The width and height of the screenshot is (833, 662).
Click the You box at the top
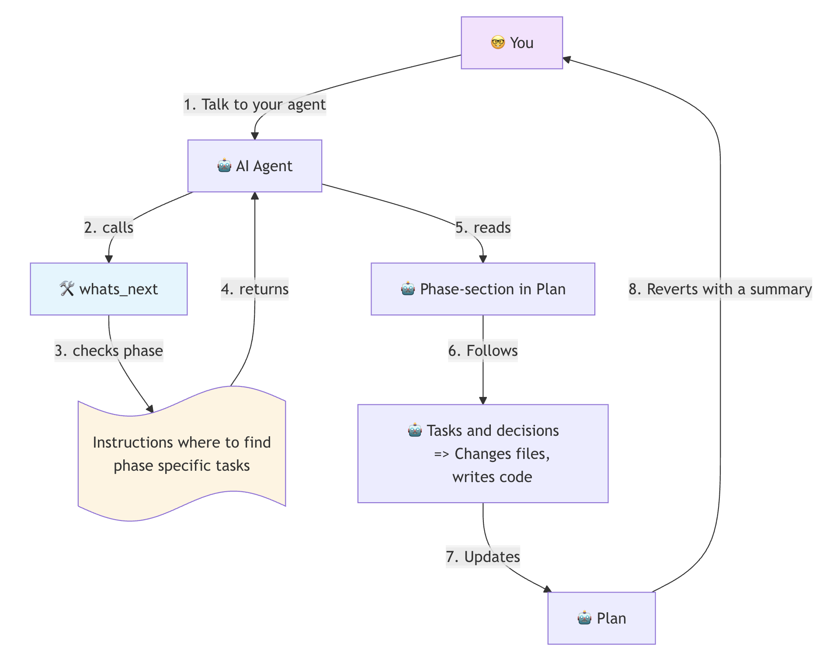click(511, 43)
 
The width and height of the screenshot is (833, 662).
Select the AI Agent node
click(254, 166)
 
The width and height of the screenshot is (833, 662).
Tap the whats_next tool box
click(108, 289)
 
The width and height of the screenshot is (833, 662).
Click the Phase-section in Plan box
click(482, 289)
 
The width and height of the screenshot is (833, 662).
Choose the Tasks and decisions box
click(482, 453)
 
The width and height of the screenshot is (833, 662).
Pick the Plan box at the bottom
click(601, 618)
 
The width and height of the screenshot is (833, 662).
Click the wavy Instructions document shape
click(181, 454)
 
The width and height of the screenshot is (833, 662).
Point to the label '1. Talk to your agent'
click(254, 104)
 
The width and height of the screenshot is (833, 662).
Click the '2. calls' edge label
click(108, 228)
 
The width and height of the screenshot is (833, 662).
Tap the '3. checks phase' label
click(108, 351)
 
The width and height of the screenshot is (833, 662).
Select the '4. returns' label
click(254, 289)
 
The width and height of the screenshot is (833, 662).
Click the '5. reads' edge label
click(482, 228)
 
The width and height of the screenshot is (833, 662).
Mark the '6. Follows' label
click(482, 351)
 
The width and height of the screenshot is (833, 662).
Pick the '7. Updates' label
click(482, 557)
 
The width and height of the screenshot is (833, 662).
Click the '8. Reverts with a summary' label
click(720, 289)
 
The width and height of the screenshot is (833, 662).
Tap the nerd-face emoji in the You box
click(497, 43)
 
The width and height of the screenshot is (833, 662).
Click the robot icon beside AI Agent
click(224, 166)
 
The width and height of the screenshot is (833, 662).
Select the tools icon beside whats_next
click(66, 289)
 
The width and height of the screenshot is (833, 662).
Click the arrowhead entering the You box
click(566, 59)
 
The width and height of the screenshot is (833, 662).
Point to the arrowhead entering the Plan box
click(548, 590)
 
